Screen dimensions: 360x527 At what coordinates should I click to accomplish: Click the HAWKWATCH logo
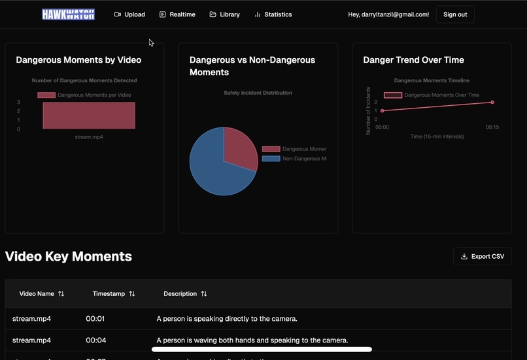pos(68,14)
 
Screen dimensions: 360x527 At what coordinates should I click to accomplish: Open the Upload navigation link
pos(129,14)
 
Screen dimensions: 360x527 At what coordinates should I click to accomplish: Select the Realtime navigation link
pos(177,14)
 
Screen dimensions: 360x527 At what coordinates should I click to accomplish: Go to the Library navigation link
pos(224,14)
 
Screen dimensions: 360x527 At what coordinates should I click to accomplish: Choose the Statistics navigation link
pos(273,14)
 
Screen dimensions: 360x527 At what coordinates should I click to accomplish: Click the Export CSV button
pos(483,256)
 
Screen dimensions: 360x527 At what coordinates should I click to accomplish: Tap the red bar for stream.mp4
pos(89,116)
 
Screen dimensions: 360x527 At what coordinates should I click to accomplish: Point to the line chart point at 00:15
pos(492,103)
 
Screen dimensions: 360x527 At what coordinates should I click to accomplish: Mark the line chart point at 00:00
pos(382,111)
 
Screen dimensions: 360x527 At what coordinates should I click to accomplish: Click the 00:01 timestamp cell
pos(95,319)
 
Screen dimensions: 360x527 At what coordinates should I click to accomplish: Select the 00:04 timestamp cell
pos(95,340)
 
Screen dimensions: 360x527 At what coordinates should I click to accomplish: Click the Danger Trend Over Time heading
pos(413,60)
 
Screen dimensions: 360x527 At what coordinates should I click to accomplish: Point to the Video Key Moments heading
pos(69,256)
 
